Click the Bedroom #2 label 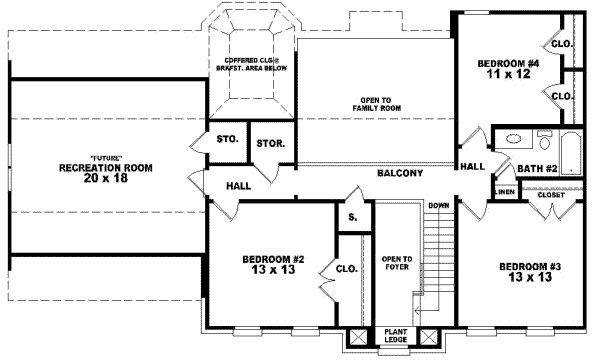(x=273, y=265)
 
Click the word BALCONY (x=400, y=173)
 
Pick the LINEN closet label (x=505, y=191)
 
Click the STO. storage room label (x=227, y=139)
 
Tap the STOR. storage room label (x=270, y=144)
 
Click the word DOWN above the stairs (x=438, y=206)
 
